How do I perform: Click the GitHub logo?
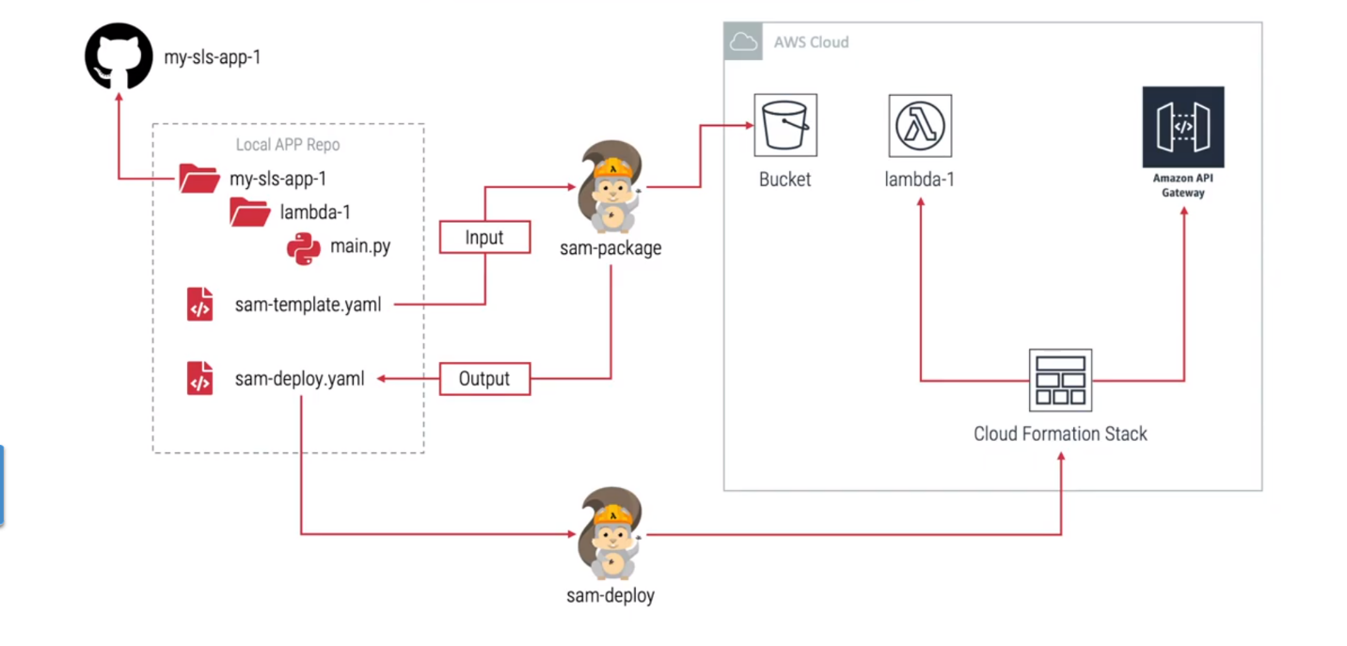(x=119, y=55)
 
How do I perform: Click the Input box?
(x=484, y=237)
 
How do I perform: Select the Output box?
(x=484, y=379)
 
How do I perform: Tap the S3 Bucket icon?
(x=785, y=125)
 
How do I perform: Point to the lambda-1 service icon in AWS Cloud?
(x=920, y=126)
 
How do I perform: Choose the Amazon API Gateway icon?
(x=1182, y=127)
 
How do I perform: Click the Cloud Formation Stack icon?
(x=1061, y=381)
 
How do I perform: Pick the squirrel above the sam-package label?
(x=610, y=187)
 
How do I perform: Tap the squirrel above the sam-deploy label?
(x=610, y=533)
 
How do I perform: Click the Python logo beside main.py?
(x=304, y=248)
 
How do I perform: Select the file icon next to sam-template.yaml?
(x=199, y=304)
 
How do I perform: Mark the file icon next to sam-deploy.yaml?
(x=199, y=378)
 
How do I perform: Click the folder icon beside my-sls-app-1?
(x=199, y=179)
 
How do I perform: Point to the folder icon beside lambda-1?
(x=249, y=213)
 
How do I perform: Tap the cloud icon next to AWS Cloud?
(x=743, y=41)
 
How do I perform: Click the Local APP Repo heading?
(x=288, y=145)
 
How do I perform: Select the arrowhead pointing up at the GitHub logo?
(x=119, y=97)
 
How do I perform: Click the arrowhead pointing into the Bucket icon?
(x=750, y=125)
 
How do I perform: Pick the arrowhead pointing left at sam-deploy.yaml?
(x=381, y=379)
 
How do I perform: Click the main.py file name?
(x=360, y=246)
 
